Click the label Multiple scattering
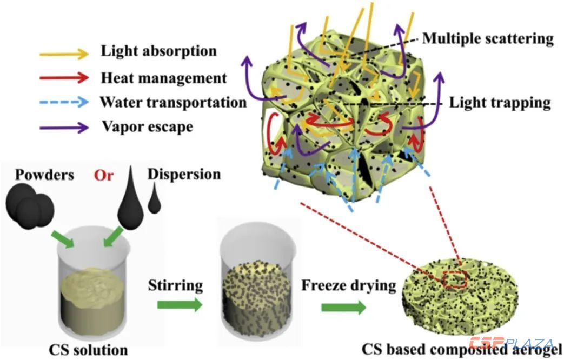click(488, 38)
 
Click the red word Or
click(104, 175)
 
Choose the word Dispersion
click(184, 174)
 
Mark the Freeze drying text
click(349, 285)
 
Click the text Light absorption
click(158, 52)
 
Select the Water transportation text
click(173, 102)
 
